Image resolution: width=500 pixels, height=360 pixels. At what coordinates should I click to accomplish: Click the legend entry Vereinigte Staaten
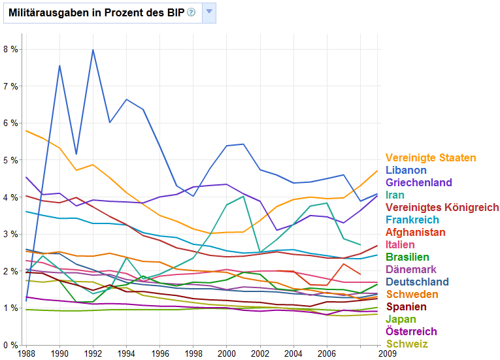[430, 157]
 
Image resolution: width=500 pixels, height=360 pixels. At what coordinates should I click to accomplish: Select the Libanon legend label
[405, 170]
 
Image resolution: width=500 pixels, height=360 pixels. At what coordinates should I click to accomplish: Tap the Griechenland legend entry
[418, 182]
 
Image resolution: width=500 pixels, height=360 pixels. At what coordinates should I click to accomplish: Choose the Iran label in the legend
[395, 195]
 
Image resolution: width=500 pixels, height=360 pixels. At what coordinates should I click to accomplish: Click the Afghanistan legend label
[416, 232]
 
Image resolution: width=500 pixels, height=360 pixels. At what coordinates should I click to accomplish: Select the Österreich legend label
[410, 331]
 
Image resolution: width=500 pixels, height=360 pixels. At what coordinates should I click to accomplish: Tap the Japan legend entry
[401, 319]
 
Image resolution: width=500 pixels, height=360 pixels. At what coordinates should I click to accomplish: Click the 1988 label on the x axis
[26, 353]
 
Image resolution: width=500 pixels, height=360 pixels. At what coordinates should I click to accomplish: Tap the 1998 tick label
[192, 353]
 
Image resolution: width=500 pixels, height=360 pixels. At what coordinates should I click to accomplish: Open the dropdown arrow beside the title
[208, 12]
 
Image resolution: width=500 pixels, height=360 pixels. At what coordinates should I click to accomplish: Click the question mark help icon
[192, 12]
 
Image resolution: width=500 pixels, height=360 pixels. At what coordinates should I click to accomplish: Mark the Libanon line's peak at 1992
[93, 50]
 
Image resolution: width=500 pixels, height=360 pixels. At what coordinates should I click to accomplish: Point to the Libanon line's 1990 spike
[59, 65]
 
